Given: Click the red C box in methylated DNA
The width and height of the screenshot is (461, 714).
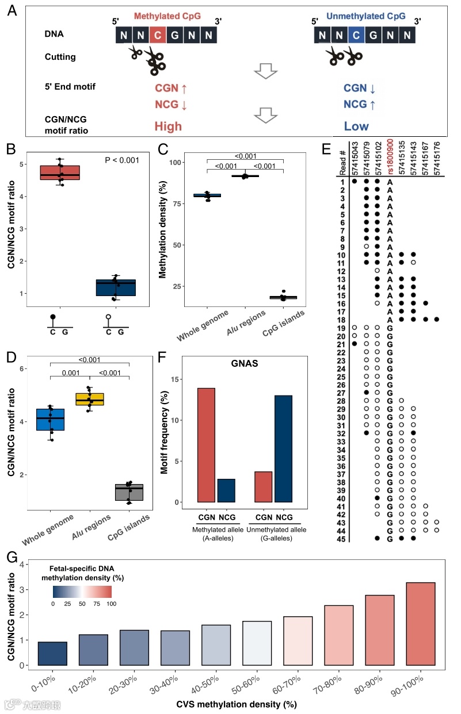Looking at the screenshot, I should click(159, 36).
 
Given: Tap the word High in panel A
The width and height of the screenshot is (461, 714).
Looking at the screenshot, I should click(168, 126).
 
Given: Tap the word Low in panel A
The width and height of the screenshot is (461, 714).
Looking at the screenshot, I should click(357, 126).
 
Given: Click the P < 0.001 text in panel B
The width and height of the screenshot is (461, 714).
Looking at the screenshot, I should click(123, 160).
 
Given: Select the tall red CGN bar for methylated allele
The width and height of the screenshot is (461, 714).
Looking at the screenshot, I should click(206, 444).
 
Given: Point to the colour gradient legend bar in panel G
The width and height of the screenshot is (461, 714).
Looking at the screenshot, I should click(82, 592).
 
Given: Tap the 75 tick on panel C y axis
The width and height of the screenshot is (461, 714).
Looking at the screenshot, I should click(177, 204).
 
